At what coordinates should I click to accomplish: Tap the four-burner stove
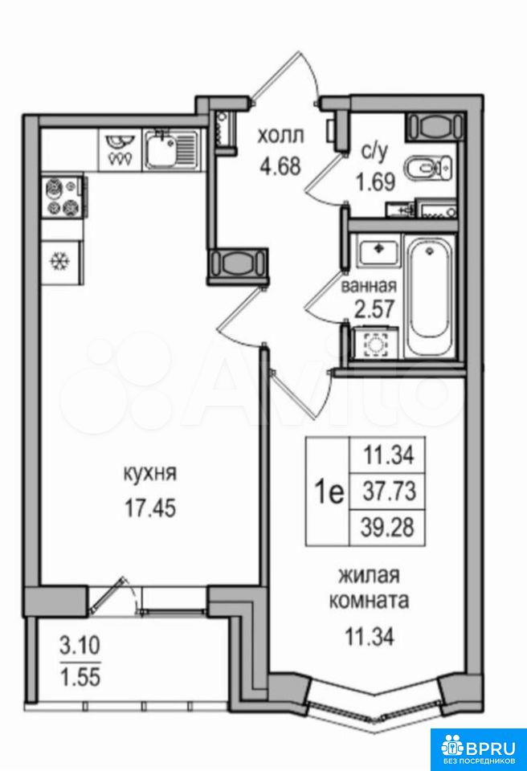point(63,196)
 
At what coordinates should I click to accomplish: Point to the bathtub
point(431,297)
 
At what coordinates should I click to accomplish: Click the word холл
point(281,136)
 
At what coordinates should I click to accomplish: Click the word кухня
point(149,474)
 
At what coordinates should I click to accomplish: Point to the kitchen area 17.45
point(149,509)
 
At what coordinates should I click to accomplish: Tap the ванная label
point(369,285)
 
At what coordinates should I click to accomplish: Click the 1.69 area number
point(376,183)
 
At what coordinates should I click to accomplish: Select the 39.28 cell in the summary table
point(387,528)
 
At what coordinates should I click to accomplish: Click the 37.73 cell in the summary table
point(387,492)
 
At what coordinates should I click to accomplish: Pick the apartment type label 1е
point(328,492)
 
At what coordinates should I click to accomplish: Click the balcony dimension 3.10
point(80,645)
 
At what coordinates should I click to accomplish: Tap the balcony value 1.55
point(80,677)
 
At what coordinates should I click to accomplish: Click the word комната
point(369,602)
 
